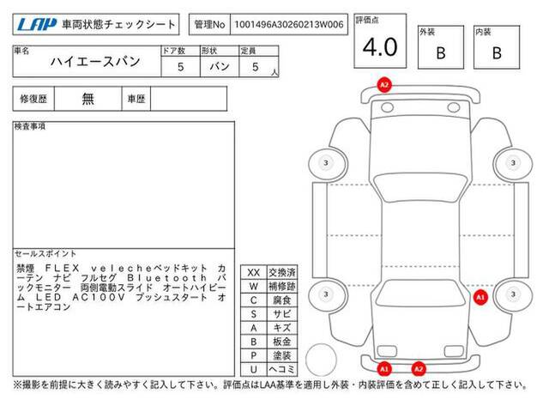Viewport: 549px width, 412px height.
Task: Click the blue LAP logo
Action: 36,25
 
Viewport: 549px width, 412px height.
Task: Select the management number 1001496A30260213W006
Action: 289,25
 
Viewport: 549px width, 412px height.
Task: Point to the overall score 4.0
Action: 380,47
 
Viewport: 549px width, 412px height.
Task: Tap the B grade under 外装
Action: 441,53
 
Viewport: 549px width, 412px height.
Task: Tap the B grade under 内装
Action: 497,53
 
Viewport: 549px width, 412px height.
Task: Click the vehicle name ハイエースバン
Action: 95,62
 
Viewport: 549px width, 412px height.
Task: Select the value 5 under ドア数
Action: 181,67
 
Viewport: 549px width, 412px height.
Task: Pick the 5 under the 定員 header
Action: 256,67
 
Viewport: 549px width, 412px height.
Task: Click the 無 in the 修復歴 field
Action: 87,99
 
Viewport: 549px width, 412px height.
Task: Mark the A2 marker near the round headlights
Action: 384,85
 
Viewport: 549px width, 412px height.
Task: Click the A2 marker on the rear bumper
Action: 419,368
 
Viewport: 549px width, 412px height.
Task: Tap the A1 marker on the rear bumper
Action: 384,368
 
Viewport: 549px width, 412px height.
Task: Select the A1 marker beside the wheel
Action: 480,298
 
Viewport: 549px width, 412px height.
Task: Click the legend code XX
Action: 254,273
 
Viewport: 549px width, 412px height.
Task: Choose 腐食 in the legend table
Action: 282,300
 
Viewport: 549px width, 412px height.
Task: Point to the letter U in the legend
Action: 254,369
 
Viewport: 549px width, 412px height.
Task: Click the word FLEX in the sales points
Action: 63,269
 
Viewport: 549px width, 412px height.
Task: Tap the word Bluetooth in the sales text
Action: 166,278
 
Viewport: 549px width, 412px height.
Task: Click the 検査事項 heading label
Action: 30,126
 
